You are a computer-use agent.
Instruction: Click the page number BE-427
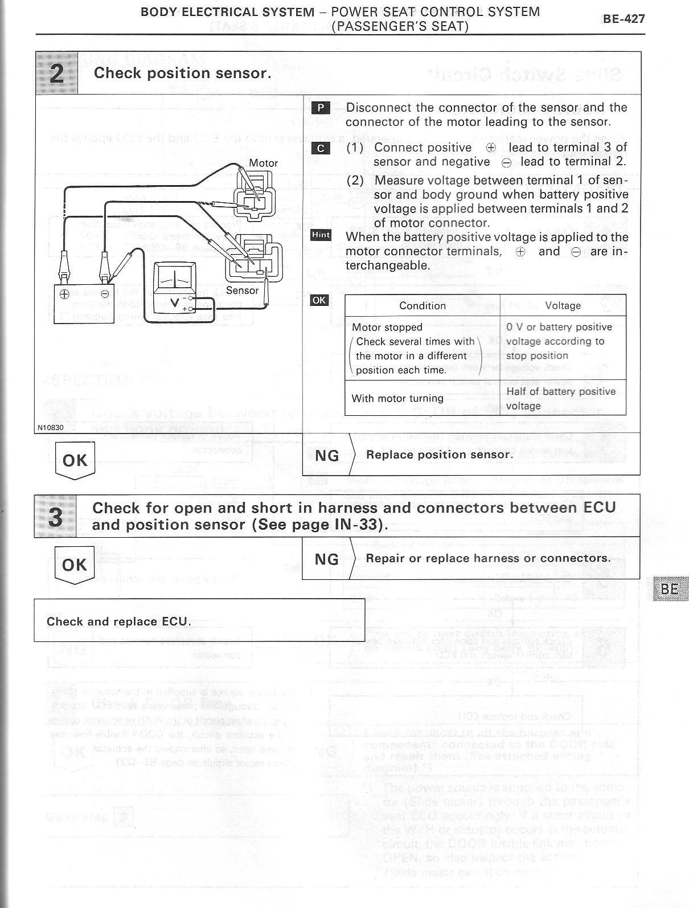coord(624,19)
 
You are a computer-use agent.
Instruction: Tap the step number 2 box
coord(57,73)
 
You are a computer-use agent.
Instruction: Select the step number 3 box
coord(55,516)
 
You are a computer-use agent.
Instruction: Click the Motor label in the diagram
coord(264,163)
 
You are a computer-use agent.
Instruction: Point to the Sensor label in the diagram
coord(242,290)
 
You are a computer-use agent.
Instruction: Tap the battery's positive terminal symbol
coord(65,295)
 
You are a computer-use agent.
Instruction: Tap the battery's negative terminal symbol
coord(105,295)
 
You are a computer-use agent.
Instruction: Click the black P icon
coord(321,108)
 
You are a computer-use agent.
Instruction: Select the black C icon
coord(321,148)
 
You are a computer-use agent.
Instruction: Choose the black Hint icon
coord(321,235)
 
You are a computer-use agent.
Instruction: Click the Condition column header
coord(423,306)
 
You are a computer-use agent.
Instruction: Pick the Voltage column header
coord(563,306)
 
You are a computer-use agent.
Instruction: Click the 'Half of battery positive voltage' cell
coord(561,398)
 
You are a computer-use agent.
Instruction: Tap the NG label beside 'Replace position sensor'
coord(326,455)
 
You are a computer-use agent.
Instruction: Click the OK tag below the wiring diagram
coord(75,460)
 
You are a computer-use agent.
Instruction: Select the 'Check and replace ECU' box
coord(199,620)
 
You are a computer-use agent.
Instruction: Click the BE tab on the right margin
coord(670,588)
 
